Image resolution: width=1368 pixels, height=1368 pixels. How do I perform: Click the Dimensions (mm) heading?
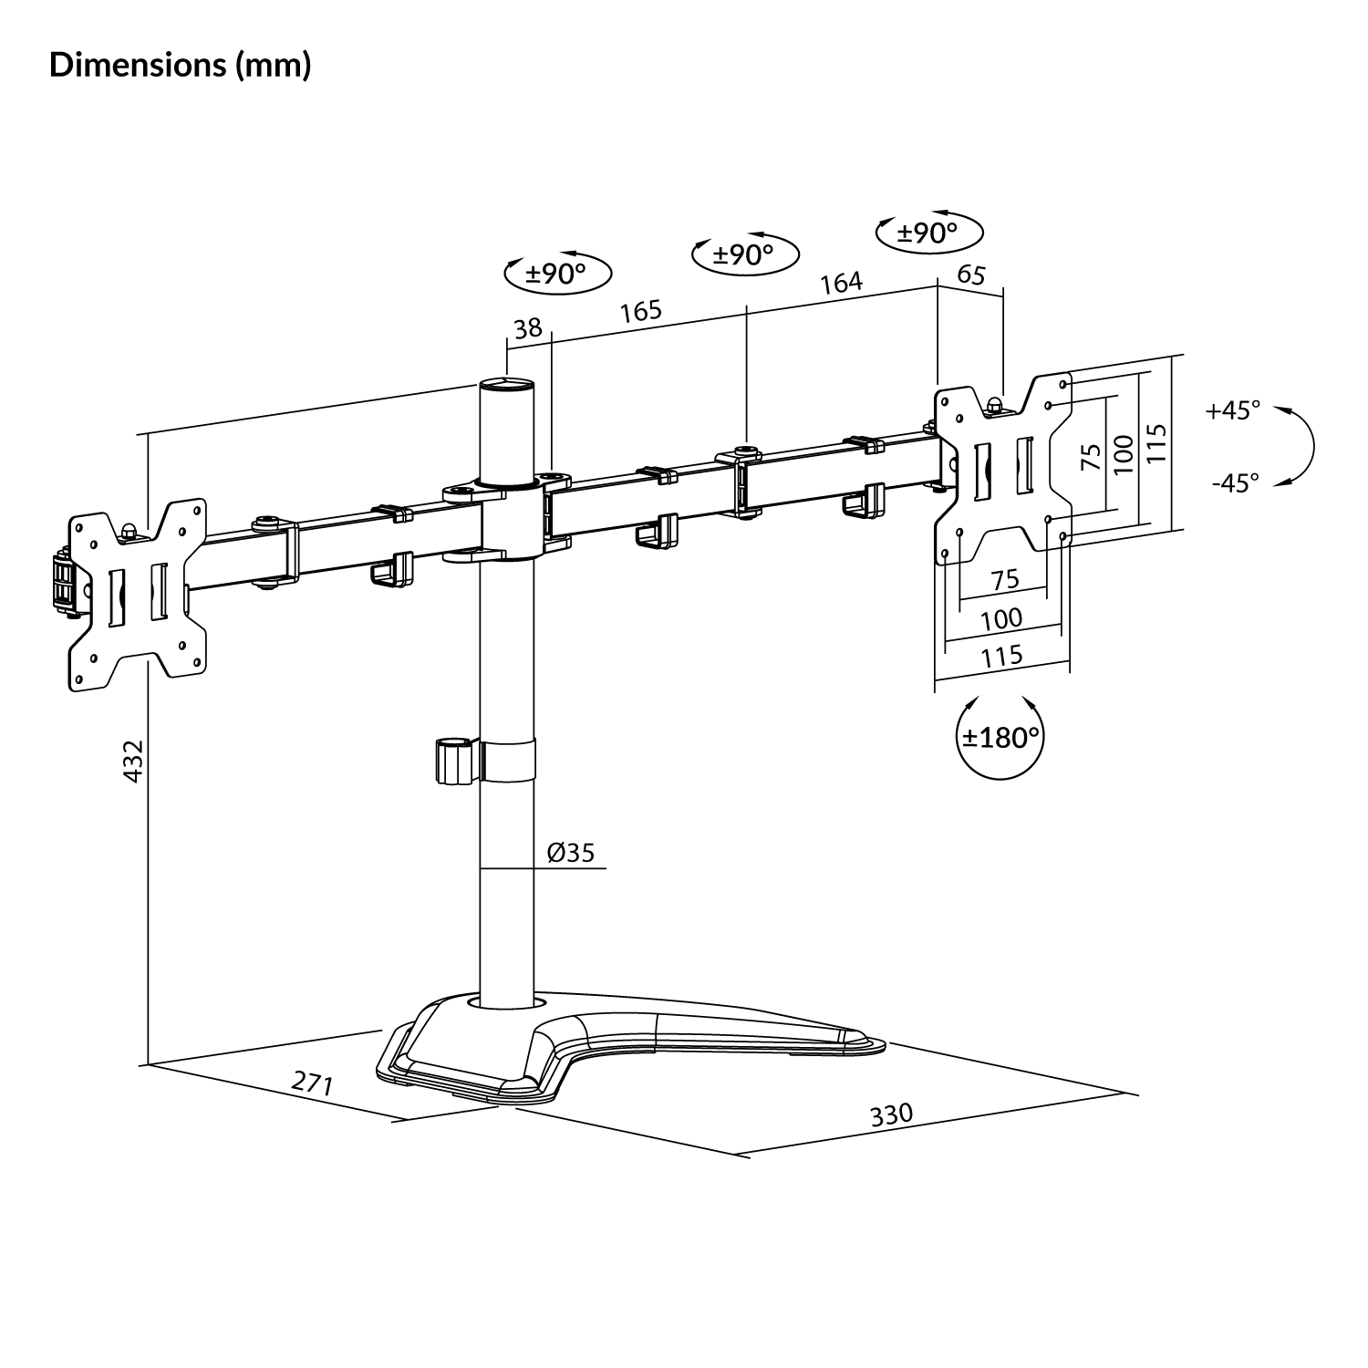tap(181, 66)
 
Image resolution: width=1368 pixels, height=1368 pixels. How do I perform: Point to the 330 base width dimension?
tap(891, 1114)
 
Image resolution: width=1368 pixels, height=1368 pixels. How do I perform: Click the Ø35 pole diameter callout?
tap(571, 852)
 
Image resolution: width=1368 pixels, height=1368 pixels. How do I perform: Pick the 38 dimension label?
tap(528, 327)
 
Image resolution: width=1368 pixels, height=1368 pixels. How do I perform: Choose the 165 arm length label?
tap(640, 311)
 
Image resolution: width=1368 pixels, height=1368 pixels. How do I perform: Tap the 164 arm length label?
tap(841, 282)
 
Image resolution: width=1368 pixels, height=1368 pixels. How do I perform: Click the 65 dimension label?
tap(972, 274)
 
